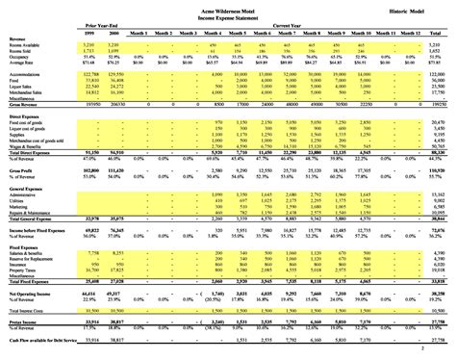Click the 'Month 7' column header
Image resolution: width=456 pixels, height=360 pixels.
tap(287, 31)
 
